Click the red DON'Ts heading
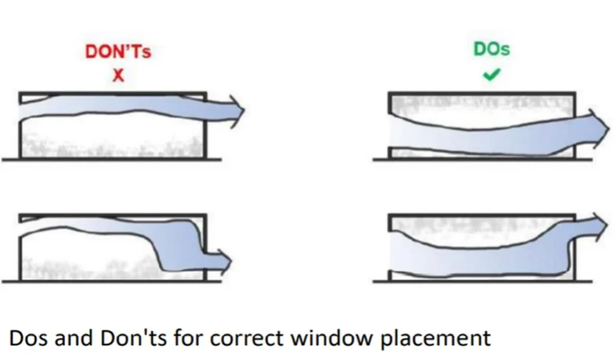(x=118, y=52)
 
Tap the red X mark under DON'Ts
(x=118, y=75)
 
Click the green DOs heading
(x=491, y=49)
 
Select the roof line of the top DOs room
(x=481, y=94)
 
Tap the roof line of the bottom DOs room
(x=481, y=215)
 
